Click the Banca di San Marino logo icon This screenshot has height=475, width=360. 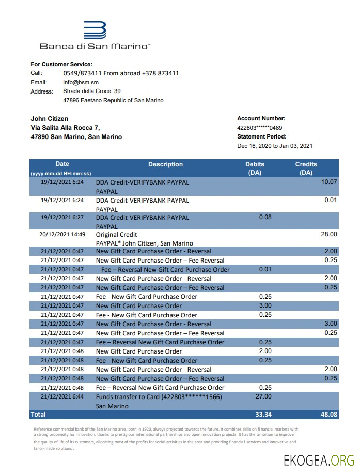click(x=95, y=30)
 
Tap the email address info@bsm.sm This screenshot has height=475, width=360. click(x=81, y=82)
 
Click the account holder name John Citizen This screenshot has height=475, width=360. click(x=50, y=119)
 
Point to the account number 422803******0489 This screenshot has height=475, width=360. click(x=259, y=128)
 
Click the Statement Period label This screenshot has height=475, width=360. click(x=261, y=137)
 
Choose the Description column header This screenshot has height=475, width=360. click(x=165, y=164)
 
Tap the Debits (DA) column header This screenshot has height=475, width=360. click(x=255, y=168)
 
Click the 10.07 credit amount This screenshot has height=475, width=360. click(x=328, y=182)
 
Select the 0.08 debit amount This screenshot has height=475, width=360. click(x=264, y=217)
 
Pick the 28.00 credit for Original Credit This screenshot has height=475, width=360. click(x=328, y=234)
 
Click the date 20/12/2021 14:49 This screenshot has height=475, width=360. click(x=61, y=234)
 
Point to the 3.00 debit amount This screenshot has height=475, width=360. click(x=264, y=305)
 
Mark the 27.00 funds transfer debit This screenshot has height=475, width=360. click(x=264, y=396)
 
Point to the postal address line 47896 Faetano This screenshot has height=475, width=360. click(x=113, y=100)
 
